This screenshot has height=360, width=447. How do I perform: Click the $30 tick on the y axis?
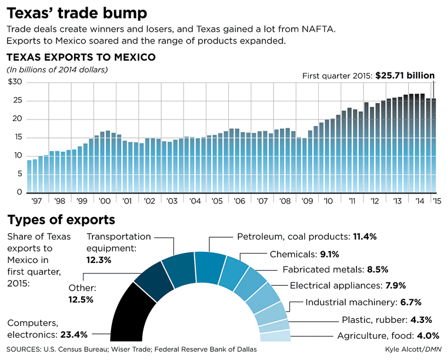[x=15, y=82]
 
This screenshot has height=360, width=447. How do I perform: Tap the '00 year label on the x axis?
[x=106, y=201]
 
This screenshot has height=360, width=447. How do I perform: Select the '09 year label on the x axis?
[x=306, y=201]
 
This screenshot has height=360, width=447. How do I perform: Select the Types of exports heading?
[x=61, y=221]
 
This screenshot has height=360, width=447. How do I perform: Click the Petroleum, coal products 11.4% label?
[x=306, y=236]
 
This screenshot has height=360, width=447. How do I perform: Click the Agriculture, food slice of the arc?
[x=274, y=336]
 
